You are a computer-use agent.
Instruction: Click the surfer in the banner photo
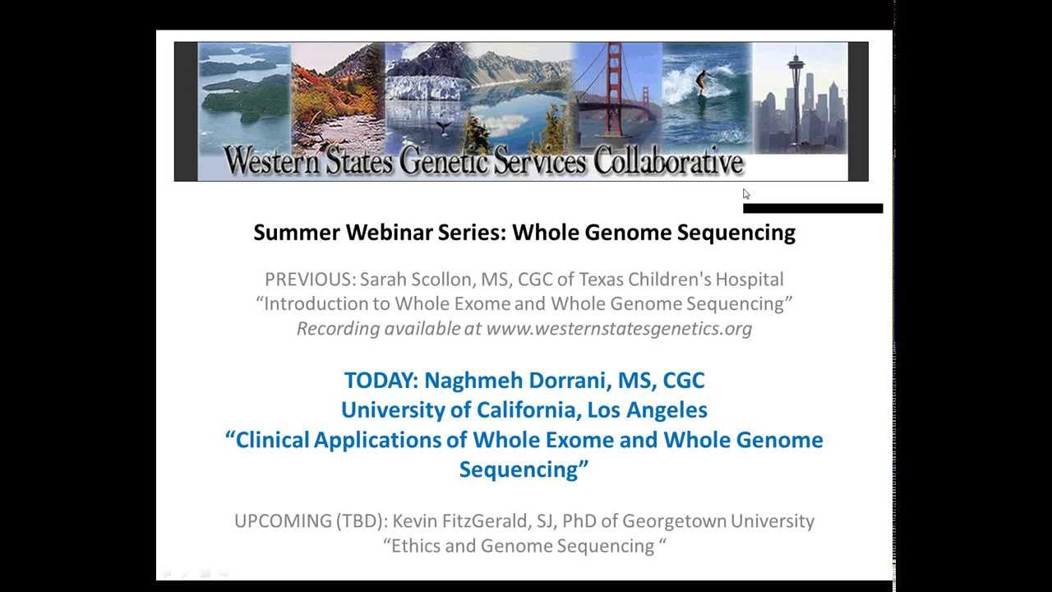[701, 82]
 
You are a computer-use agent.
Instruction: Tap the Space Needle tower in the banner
[796, 82]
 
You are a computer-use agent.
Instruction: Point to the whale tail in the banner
[444, 127]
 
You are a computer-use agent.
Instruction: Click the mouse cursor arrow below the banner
[746, 194]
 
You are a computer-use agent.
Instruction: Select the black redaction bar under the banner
[812, 208]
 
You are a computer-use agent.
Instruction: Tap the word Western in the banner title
[272, 162]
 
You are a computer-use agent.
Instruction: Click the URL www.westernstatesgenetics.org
[619, 329]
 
